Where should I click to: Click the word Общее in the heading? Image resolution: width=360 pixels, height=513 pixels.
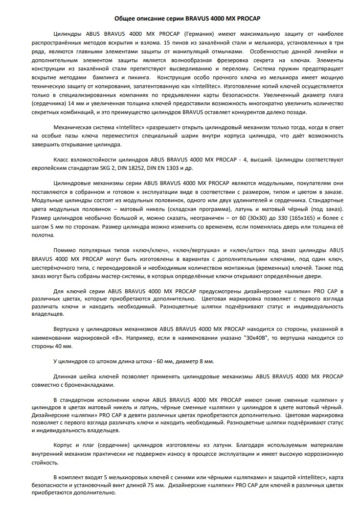[124, 18]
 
